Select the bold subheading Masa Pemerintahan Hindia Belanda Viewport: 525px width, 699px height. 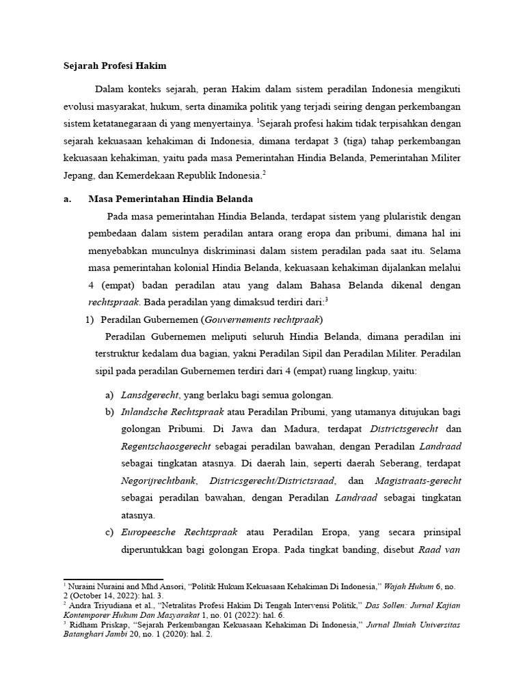(171, 199)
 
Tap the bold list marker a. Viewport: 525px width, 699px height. (58, 199)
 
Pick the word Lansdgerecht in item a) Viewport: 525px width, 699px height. (150, 395)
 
